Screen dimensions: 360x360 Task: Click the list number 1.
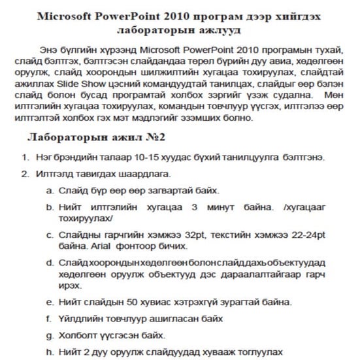pyautogui.click(x=24, y=157)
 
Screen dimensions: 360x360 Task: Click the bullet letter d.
pyautogui.click(x=49, y=262)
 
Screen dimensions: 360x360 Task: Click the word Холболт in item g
pyautogui.click(x=80, y=335)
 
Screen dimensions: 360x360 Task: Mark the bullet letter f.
pyautogui.click(x=49, y=319)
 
